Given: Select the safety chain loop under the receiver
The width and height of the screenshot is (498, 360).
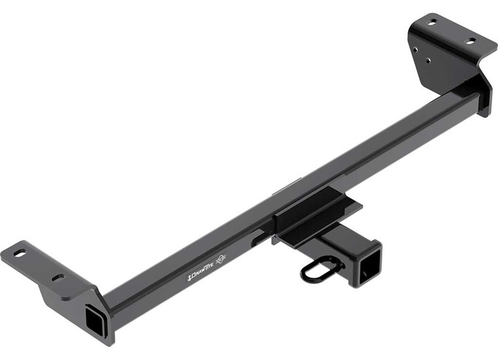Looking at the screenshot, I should (x=321, y=269).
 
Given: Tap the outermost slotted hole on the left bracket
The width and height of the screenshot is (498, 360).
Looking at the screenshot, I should (x=19, y=252).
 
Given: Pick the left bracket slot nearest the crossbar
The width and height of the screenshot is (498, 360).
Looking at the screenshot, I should (x=58, y=277).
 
